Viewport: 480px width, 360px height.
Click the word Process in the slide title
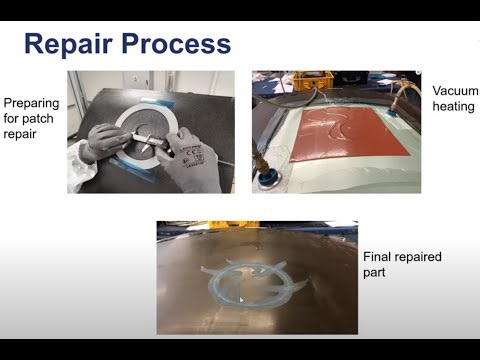coord(175,45)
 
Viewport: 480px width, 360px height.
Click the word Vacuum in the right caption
coord(455,91)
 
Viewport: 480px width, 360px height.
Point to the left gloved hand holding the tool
coord(106,141)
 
